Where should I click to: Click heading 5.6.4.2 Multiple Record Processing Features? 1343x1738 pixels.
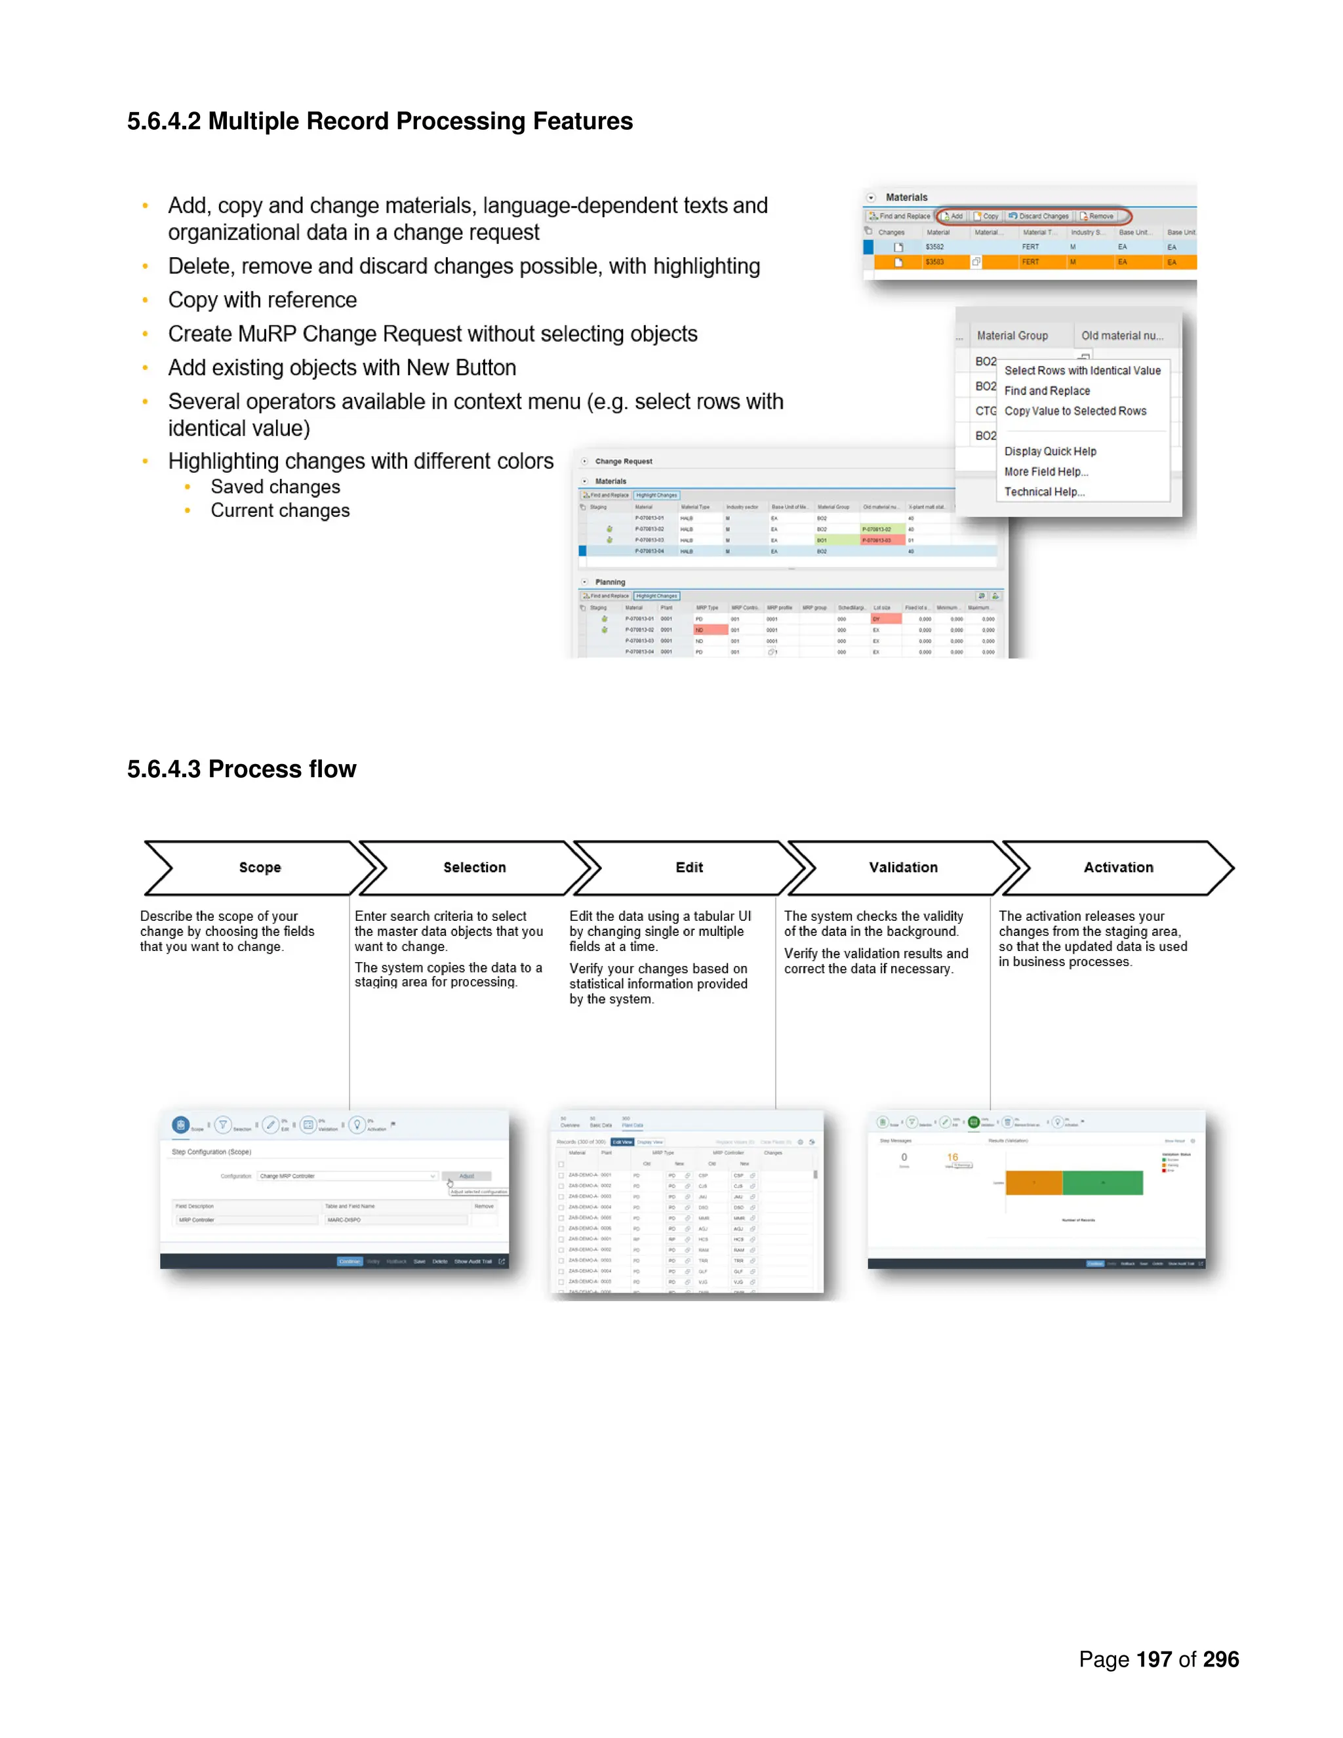point(380,121)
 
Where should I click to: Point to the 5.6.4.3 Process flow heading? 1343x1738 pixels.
point(241,769)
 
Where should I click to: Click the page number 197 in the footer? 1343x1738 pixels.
point(1153,1659)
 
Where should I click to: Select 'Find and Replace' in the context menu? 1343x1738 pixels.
point(1047,391)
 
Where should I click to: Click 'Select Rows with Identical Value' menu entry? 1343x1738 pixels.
point(1082,371)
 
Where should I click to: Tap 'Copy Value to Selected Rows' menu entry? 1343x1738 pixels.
point(1075,411)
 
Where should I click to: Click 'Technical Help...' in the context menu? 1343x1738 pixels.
point(1044,492)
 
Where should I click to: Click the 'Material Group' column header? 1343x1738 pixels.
point(1012,336)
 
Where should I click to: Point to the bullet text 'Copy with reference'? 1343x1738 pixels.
point(262,300)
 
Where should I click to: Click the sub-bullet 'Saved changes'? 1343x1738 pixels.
point(275,487)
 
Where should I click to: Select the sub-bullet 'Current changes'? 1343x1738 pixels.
point(280,511)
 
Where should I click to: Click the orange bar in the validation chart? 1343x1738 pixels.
point(1033,1182)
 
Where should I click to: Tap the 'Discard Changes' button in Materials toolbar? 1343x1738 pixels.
point(1041,216)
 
